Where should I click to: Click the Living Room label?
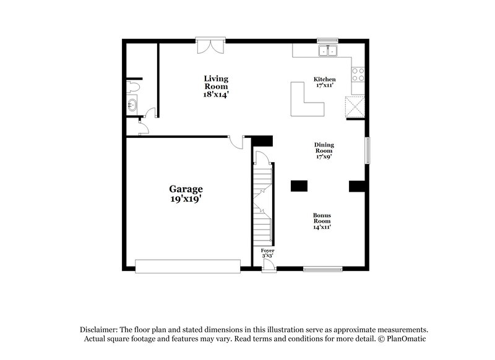pyautogui.click(x=217, y=87)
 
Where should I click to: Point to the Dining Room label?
pyautogui.click(x=324, y=150)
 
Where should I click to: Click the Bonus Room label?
pyautogui.click(x=321, y=221)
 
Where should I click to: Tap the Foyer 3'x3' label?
pyautogui.click(x=267, y=253)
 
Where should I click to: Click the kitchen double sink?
pyautogui.click(x=327, y=51)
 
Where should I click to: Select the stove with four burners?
pyautogui.click(x=358, y=75)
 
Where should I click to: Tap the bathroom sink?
pyautogui.click(x=132, y=104)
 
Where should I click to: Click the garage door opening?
pyautogui.click(x=187, y=267)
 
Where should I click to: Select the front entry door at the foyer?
pyautogui.click(x=268, y=266)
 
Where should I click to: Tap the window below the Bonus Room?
pyautogui.click(x=322, y=268)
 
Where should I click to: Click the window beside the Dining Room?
pyautogui.click(x=367, y=150)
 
